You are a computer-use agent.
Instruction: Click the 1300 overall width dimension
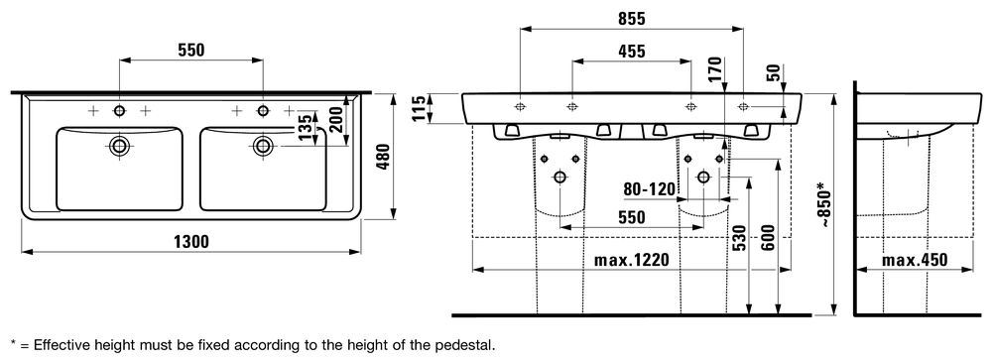point(190,241)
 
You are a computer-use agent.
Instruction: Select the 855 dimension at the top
point(632,19)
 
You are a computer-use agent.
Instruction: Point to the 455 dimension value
point(632,52)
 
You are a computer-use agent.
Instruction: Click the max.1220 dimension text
point(631,260)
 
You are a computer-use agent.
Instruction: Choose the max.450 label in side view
point(915,260)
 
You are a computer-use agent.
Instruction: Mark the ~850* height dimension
point(821,203)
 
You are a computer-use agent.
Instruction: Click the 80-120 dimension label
point(650,188)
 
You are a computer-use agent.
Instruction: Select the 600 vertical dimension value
point(768,237)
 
